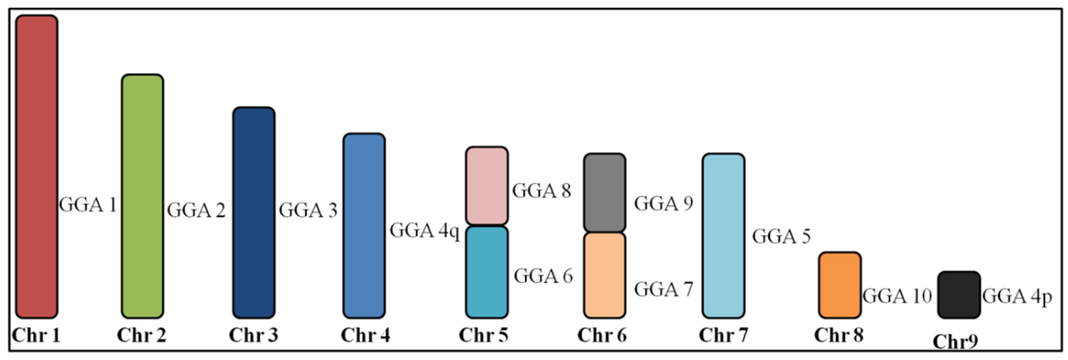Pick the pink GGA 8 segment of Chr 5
point(486,186)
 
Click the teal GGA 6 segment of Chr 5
point(486,272)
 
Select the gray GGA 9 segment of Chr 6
point(605,192)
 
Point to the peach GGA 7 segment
point(605,275)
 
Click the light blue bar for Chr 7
point(723,236)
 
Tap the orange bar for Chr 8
point(840,285)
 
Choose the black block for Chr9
point(959,295)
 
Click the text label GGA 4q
point(425,231)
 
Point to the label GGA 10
point(897,296)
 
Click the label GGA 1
point(88,205)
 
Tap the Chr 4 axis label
point(365,335)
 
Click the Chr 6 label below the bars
point(602,335)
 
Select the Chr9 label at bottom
point(956,342)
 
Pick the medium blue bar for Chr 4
point(364,226)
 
